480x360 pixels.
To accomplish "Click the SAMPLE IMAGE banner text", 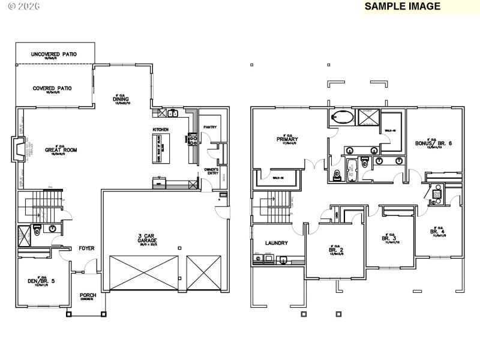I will coord(402,7).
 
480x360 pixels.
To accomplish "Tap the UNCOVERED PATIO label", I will coord(54,55).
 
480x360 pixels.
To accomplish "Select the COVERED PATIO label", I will coord(52,88).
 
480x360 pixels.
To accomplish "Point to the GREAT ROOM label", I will coord(58,151).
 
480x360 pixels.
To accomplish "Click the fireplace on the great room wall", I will coord(19,148).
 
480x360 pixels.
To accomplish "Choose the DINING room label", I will coord(122,100).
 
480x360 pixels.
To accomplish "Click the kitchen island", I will coord(159,148).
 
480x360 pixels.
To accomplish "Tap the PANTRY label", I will coord(209,127).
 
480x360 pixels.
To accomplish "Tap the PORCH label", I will coord(88,295).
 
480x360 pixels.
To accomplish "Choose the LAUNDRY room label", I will coord(277,243).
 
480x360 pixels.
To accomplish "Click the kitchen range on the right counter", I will coord(193,139).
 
